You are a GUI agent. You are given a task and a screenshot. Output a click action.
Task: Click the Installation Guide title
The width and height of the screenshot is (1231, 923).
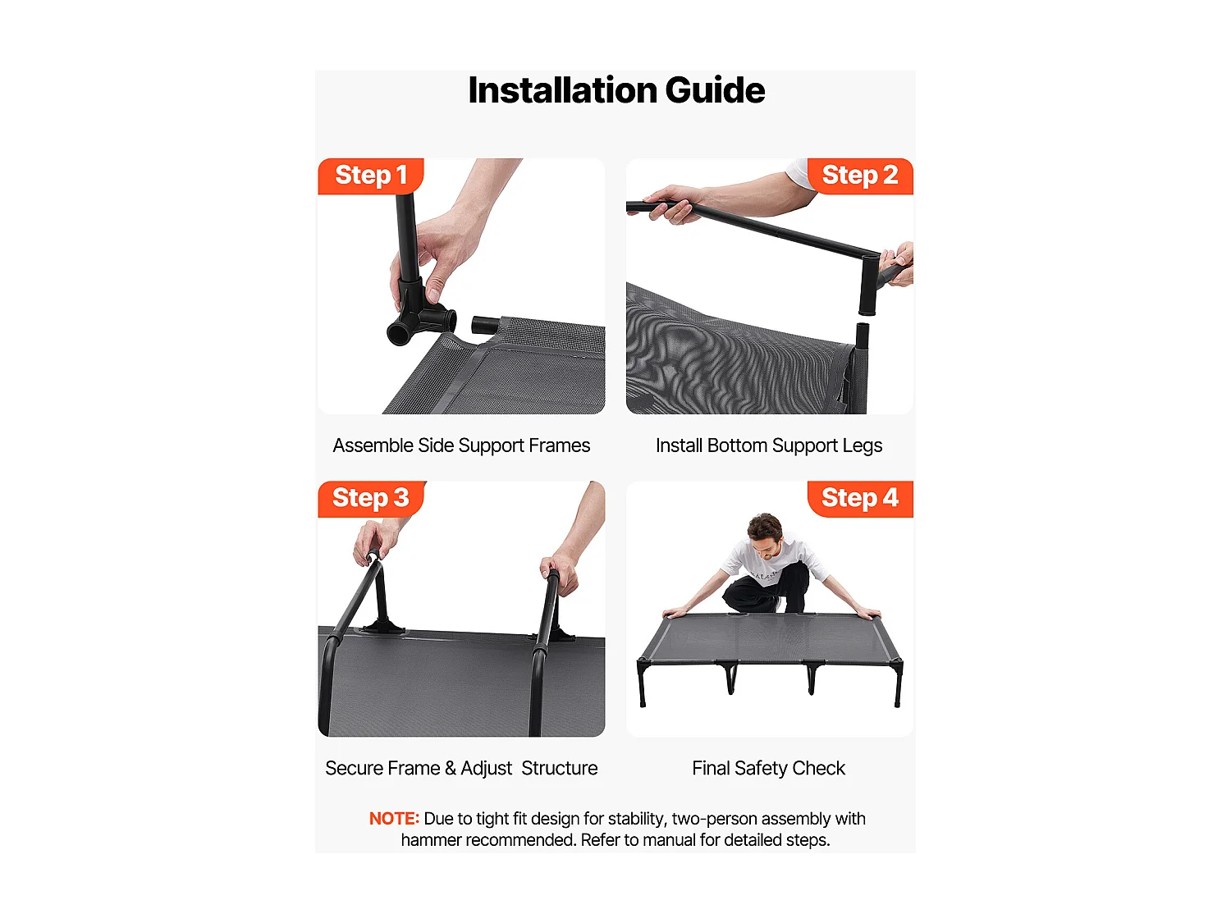[x=615, y=90]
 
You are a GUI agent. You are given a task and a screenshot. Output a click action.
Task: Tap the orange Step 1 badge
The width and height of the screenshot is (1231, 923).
[x=371, y=176]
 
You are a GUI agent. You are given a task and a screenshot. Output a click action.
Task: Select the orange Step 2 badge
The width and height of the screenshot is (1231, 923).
[x=860, y=176]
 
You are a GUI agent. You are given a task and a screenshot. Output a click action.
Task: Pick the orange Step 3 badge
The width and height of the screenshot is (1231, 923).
[x=371, y=498]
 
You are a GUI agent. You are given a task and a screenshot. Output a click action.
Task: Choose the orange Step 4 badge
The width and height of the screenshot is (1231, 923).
[x=860, y=498]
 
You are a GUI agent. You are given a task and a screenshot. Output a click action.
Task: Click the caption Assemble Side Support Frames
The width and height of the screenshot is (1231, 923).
[x=461, y=446]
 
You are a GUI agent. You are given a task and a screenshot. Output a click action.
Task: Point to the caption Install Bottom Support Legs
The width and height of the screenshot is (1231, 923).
[x=768, y=446]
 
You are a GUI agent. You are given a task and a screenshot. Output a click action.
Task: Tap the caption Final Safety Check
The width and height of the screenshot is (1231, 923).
[x=768, y=768]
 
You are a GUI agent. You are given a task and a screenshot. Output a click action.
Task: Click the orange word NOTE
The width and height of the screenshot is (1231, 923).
[x=394, y=818]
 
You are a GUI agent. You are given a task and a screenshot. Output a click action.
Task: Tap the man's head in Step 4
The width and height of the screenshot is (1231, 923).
[x=765, y=535]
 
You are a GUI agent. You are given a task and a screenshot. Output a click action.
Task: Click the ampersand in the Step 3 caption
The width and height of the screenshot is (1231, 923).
[x=451, y=768]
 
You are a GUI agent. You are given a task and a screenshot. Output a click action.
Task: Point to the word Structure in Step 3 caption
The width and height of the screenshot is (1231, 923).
[x=559, y=768]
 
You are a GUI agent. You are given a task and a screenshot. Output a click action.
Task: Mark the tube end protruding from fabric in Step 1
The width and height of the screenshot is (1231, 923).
[x=485, y=324]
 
